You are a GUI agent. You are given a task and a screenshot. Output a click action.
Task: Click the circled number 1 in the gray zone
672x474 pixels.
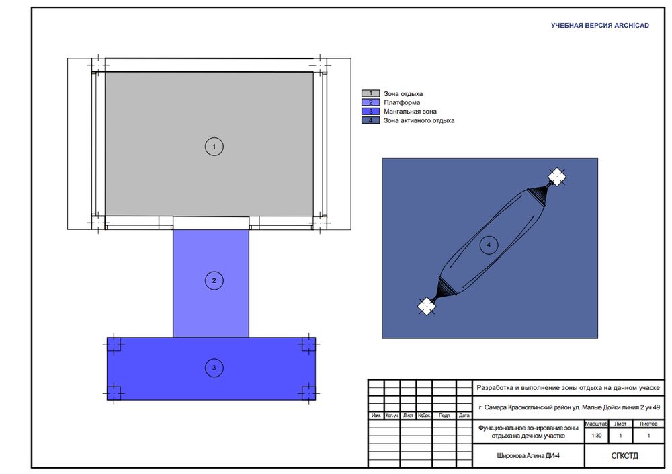[214, 147]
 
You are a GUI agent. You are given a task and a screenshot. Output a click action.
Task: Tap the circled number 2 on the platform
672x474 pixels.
[214, 281]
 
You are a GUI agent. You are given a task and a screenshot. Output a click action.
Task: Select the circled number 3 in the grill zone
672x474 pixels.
[214, 368]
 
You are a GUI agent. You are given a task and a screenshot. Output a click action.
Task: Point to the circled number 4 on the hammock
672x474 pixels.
[489, 245]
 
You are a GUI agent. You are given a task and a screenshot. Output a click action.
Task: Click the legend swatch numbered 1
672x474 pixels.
[371, 93]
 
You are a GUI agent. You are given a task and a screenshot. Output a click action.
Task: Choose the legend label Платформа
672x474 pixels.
[402, 102]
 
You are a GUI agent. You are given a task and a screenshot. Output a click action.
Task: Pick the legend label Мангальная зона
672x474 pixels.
[410, 112]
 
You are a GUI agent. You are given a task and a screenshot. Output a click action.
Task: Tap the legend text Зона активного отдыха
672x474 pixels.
[419, 120]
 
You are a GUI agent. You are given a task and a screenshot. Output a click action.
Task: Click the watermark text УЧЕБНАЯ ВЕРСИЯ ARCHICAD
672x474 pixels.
[600, 26]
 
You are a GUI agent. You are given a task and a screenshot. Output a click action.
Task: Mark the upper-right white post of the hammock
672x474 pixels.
[556, 177]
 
